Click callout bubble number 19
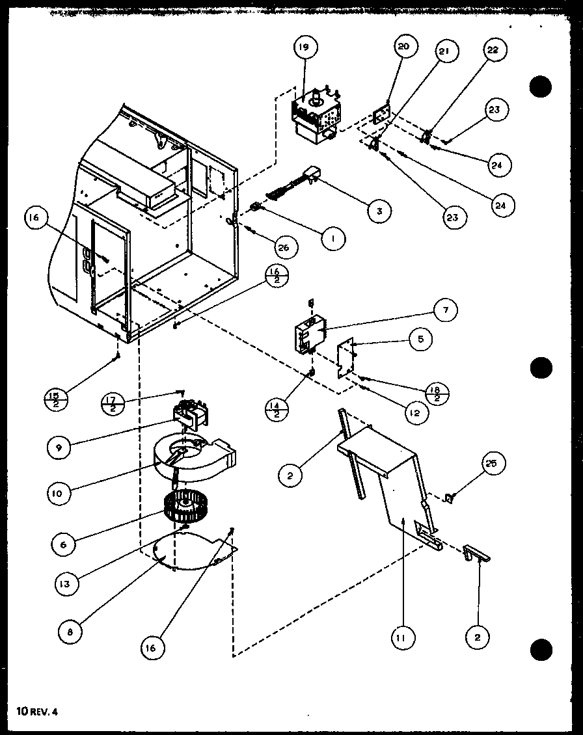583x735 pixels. click(305, 47)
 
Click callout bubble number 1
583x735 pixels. click(332, 238)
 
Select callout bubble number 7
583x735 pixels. click(446, 310)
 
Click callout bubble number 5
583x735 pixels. click(421, 339)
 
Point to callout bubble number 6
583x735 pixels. click(62, 544)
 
